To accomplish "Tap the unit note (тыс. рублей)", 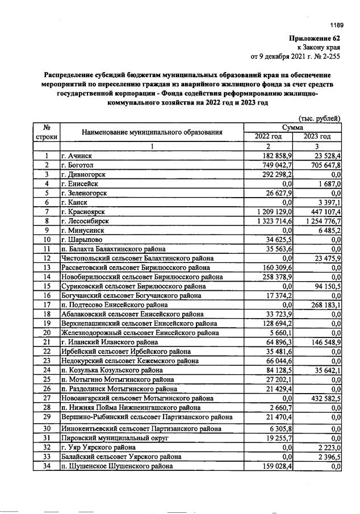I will coord(319,119).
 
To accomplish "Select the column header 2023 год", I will coord(317,136).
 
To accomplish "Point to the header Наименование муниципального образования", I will coord(152,132).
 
